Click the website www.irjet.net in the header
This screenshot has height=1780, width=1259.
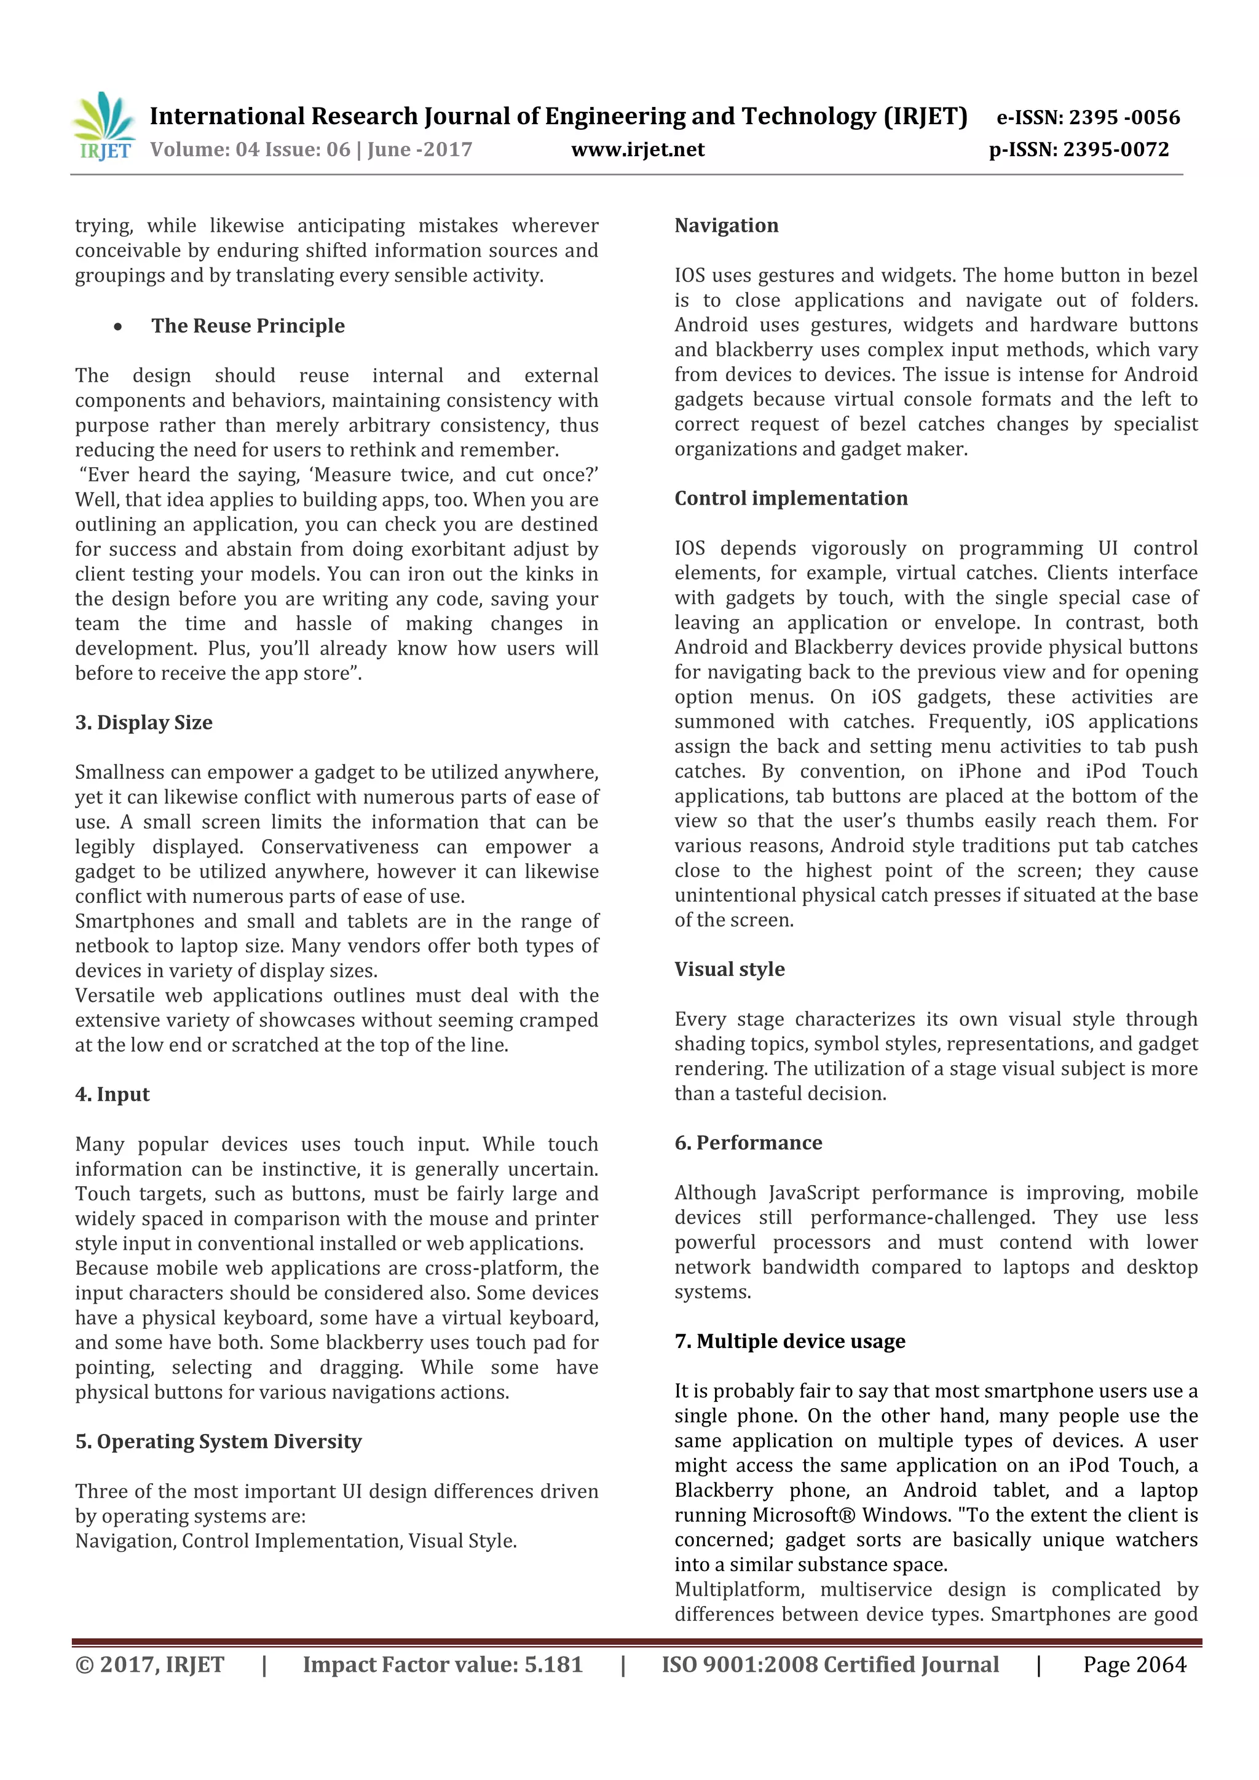[x=637, y=149]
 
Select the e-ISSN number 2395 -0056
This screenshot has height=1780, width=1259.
[x=1123, y=118]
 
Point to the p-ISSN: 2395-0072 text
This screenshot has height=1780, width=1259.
[x=1078, y=149]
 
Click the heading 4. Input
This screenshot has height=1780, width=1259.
[x=112, y=1095]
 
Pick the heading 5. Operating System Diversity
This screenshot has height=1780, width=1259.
[x=219, y=1441]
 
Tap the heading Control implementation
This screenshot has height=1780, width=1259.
[x=790, y=498]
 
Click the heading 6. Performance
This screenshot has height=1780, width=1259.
[x=748, y=1143]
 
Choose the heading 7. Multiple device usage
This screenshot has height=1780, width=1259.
[x=789, y=1341]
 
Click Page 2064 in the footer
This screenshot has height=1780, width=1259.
[x=1134, y=1664]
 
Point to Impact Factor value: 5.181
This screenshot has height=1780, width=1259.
[x=442, y=1664]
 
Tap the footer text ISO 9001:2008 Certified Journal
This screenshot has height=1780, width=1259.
[x=829, y=1664]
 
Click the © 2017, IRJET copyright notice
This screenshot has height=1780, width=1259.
[x=149, y=1664]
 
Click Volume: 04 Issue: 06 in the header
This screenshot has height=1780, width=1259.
[x=250, y=149]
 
